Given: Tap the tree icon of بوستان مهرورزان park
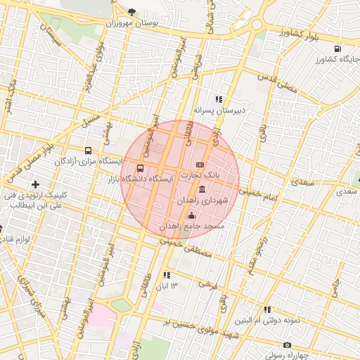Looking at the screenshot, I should pos(133,11).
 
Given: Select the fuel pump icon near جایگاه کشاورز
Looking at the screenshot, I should pos(339,49).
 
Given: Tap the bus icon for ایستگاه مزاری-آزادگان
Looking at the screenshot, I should pos(88,150).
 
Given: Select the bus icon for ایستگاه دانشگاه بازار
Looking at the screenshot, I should pos(141,168).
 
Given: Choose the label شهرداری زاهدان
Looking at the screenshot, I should pos(203,200).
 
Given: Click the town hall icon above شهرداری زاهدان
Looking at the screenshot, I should pos(202,189).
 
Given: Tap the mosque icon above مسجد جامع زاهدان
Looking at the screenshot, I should pos(192,215).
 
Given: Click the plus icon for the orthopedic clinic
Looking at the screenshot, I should pos(35,184).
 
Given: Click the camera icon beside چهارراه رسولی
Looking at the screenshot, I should pos(287,345).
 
